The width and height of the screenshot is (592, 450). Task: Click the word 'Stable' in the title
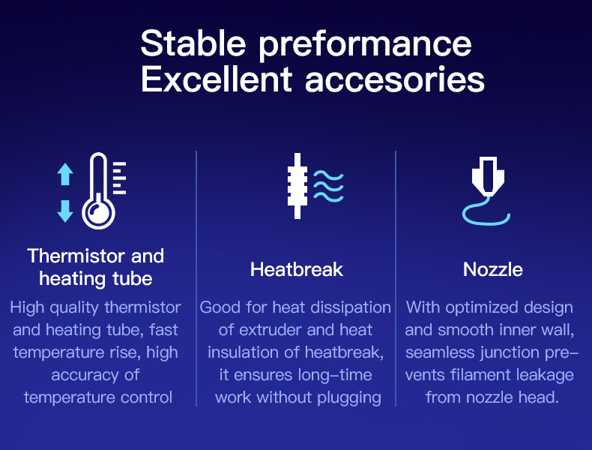(193, 43)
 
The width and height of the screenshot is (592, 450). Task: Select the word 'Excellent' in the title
(217, 79)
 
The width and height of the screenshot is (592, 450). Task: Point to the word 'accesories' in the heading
(394, 80)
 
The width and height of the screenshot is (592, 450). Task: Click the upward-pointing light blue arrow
(65, 174)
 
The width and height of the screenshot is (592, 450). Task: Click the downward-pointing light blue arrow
(65, 211)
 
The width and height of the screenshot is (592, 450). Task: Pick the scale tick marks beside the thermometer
(119, 178)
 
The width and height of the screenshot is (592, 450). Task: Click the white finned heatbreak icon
(297, 186)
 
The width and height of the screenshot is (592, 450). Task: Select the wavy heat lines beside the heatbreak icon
(328, 186)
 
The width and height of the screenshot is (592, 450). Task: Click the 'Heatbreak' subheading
(297, 269)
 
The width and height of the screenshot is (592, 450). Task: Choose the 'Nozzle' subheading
(492, 269)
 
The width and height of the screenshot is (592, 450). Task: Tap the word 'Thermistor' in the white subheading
(76, 256)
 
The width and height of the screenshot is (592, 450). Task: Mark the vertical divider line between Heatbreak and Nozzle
(396, 279)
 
